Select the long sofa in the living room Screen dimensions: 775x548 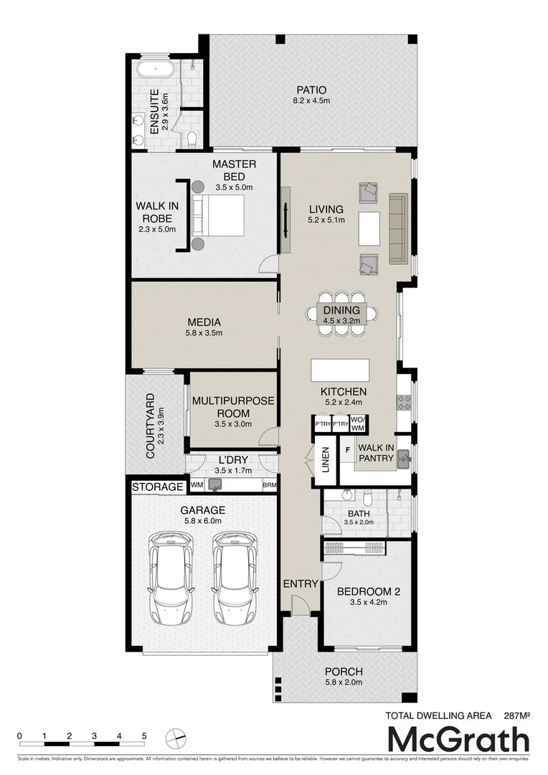pyautogui.click(x=398, y=228)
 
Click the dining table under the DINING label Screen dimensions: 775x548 pyautogui.click(x=341, y=314)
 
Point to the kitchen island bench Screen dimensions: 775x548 pyautogui.click(x=340, y=371)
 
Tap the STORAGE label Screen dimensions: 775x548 pyautogui.click(x=158, y=487)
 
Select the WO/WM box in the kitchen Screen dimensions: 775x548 pyautogui.click(x=358, y=424)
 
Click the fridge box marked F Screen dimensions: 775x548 pyautogui.click(x=348, y=449)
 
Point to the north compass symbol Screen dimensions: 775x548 pyautogui.click(x=176, y=738)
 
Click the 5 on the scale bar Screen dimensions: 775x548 pyautogui.click(x=144, y=736)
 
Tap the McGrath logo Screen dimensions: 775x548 pyautogui.click(x=458, y=740)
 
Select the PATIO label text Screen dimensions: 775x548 pyautogui.click(x=311, y=90)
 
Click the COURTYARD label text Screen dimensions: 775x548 pyautogui.click(x=151, y=425)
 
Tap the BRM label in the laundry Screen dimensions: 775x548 pyautogui.click(x=270, y=486)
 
